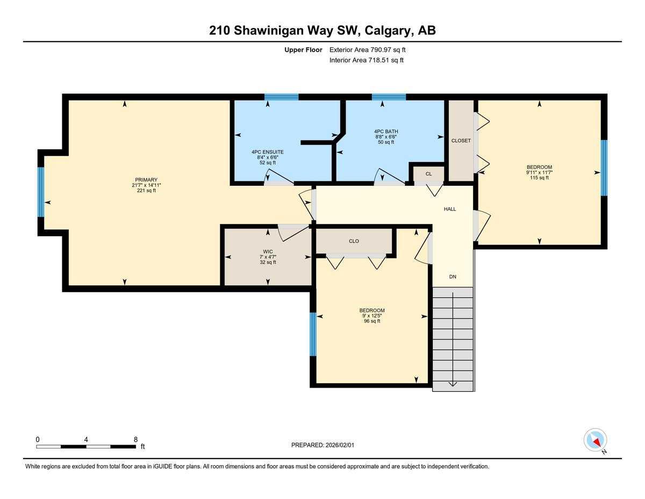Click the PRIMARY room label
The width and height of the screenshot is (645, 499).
point(146,180)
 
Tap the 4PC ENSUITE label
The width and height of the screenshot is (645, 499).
point(267,152)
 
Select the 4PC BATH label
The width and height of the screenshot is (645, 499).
point(386,131)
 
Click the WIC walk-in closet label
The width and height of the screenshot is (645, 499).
point(268,251)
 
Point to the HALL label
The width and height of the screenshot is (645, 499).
point(450,209)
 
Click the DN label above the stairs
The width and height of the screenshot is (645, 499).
point(453,277)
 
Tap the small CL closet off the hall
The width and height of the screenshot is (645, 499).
point(428,174)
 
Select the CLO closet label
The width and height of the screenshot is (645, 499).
point(354,241)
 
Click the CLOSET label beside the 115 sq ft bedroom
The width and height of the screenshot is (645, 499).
point(461,140)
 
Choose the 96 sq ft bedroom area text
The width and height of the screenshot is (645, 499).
point(372,321)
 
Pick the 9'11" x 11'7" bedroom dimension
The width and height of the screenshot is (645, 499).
point(539,172)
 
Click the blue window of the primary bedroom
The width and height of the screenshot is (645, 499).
point(40,192)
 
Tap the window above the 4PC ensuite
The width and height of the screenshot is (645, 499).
point(281,97)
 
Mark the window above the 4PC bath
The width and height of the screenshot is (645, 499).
point(389,97)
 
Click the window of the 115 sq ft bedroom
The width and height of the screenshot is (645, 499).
point(604,167)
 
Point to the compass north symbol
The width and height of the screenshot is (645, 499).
point(596,440)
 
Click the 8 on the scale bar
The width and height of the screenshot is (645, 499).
point(135,439)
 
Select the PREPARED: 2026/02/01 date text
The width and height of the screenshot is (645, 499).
point(323,445)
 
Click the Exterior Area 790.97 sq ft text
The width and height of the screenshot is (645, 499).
point(367,50)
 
